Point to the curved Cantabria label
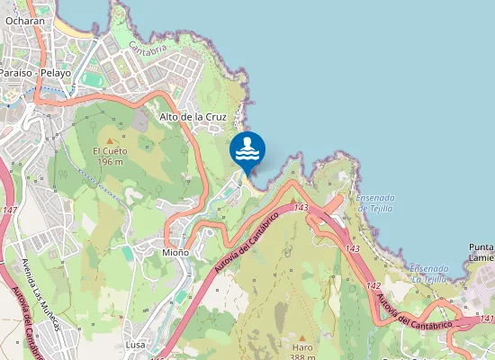147,49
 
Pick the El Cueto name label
109,151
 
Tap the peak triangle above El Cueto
110,140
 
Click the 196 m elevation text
110,162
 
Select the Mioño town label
175,253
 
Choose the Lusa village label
136,345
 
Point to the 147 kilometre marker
10,210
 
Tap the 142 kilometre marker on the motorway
373,284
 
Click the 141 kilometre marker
486,319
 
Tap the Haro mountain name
302,346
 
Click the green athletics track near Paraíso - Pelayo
91,78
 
